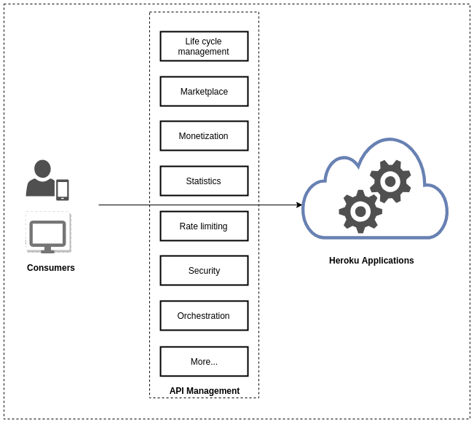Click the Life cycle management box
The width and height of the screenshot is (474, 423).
click(x=204, y=46)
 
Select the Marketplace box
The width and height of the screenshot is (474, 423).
click(x=204, y=91)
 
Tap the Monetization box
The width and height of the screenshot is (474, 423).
click(x=204, y=135)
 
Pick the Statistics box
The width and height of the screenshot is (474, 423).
click(x=204, y=181)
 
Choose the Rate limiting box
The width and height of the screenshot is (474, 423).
click(x=204, y=226)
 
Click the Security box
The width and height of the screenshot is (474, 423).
click(x=204, y=270)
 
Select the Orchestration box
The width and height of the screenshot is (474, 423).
click(x=204, y=315)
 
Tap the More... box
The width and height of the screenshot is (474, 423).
click(x=204, y=361)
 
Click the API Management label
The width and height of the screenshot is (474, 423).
click(x=204, y=391)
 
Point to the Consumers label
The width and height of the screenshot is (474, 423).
click(x=51, y=268)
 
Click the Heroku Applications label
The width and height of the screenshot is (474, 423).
click(x=371, y=261)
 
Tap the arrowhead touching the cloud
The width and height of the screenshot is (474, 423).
click(x=299, y=205)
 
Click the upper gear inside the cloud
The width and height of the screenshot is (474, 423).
click(x=390, y=181)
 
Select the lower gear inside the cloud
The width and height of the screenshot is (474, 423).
click(x=360, y=211)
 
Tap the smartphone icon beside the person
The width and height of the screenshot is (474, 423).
click(x=63, y=189)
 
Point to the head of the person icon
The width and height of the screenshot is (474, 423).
click(x=42, y=169)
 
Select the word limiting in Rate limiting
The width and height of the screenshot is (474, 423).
click(x=213, y=226)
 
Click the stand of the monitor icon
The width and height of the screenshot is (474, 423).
click(x=48, y=250)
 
